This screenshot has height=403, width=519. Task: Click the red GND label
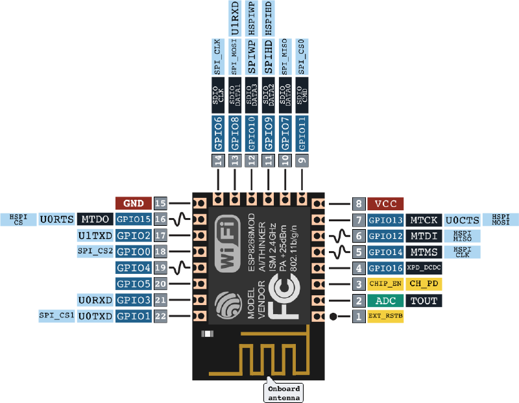click(x=134, y=202)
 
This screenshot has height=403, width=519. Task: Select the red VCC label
click(x=385, y=203)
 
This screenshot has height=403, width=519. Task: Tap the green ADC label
click(x=385, y=300)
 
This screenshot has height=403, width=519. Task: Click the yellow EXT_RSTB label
click(x=385, y=317)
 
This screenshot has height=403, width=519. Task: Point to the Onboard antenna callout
click(x=284, y=391)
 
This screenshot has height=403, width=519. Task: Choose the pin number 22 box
click(x=161, y=316)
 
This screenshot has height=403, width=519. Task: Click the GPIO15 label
click(x=134, y=219)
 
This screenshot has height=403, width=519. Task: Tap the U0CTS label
click(x=462, y=219)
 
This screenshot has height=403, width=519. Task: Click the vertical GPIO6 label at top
click(x=218, y=134)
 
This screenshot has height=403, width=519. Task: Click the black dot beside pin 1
click(x=333, y=317)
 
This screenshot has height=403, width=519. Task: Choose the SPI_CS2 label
click(x=95, y=251)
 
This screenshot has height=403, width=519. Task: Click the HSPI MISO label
click(x=462, y=236)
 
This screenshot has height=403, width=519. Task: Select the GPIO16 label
click(x=385, y=268)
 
